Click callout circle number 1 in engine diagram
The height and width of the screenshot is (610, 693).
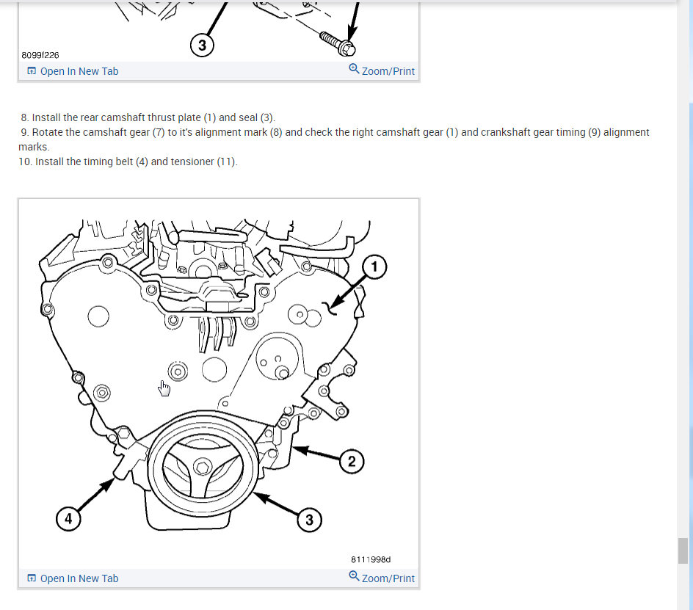pos(374,267)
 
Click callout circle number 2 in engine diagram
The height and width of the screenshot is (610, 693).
pos(351,461)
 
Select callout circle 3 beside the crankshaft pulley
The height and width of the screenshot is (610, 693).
pos(309,520)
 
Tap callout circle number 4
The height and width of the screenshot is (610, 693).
pos(68,519)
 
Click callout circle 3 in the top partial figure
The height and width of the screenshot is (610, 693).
pos(202,46)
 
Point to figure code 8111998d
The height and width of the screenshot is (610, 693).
pos(371,559)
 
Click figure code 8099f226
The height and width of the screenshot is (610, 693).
pos(40,55)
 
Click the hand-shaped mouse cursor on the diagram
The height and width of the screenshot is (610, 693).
pos(164,388)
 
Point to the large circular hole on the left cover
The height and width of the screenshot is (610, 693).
pos(98,316)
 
